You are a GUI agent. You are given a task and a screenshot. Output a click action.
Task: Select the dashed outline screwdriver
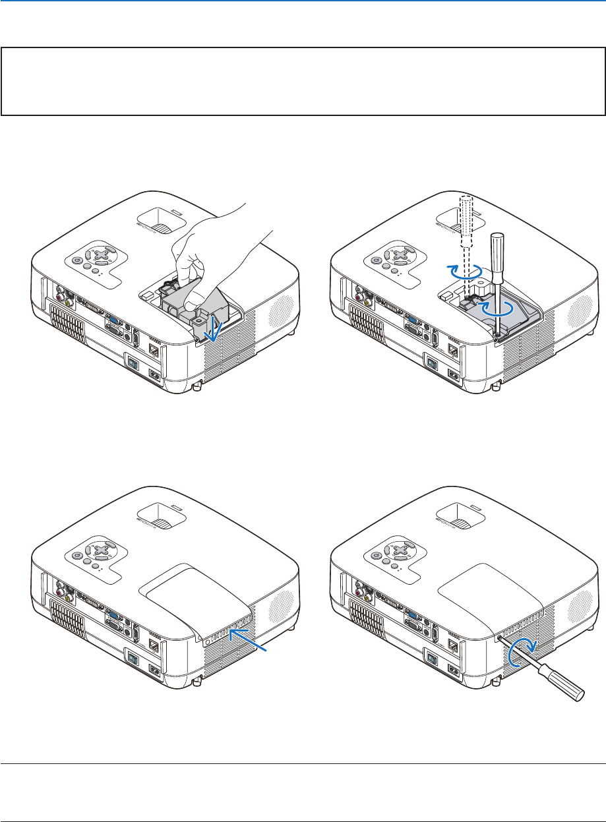click(468, 224)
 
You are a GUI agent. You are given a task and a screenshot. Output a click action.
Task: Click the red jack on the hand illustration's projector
click(60, 301)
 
